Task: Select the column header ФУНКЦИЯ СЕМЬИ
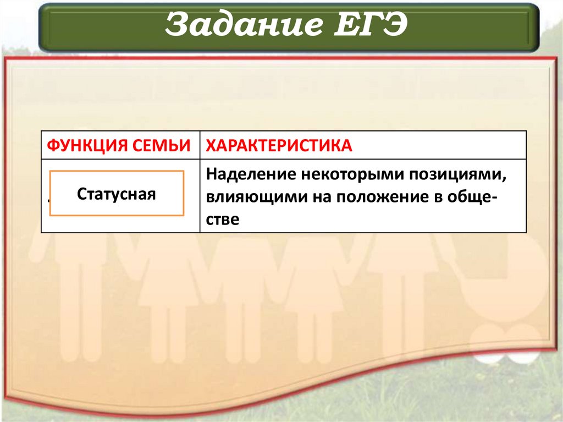(x=120, y=145)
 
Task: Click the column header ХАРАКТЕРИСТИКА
(x=279, y=145)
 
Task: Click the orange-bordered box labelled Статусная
(x=117, y=193)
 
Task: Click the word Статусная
(x=117, y=194)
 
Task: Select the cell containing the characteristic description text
(x=363, y=196)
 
